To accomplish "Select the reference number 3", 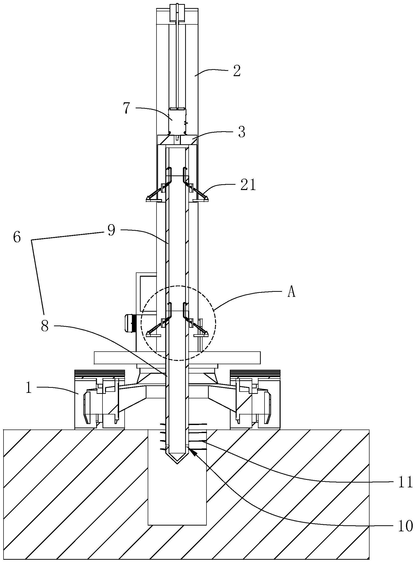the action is tap(241, 132).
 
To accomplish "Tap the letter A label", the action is tap(291, 293).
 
